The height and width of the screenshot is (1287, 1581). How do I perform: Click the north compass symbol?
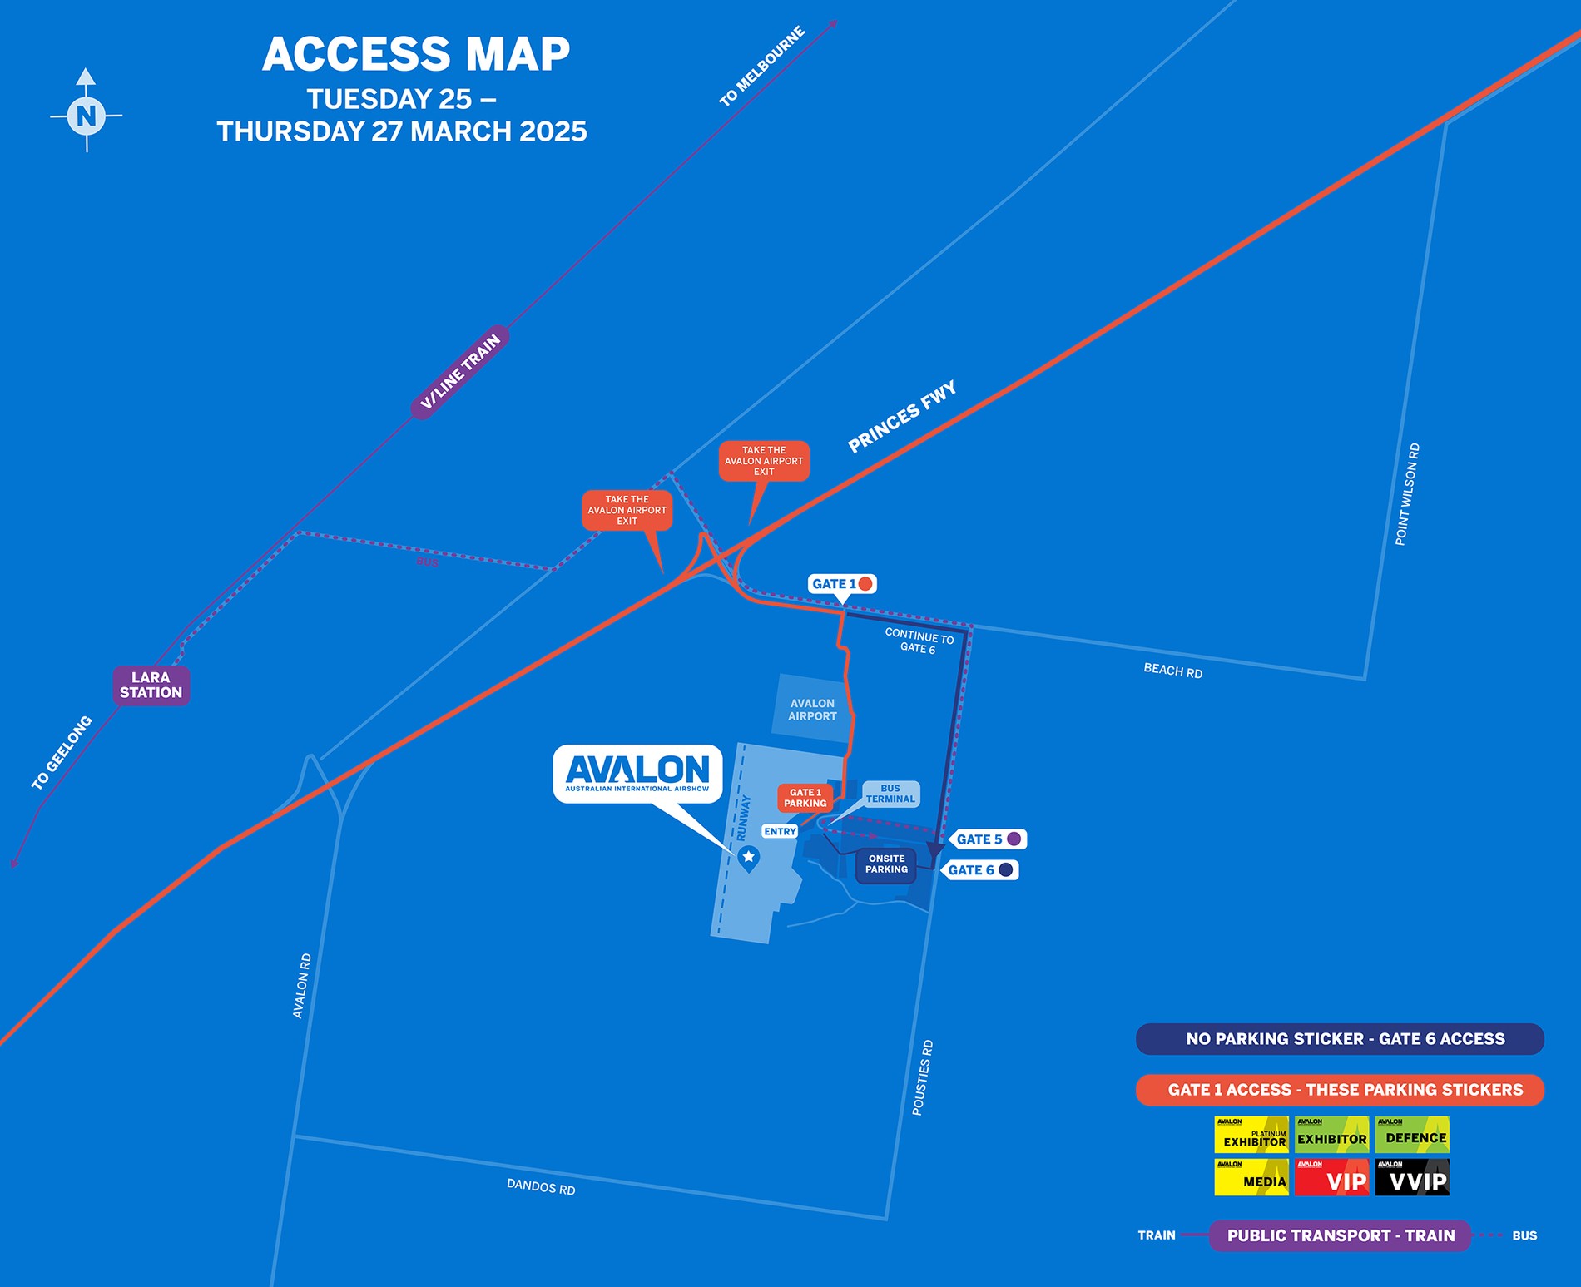(x=87, y=114)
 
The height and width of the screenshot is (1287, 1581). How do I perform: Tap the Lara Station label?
(x=151, y=686)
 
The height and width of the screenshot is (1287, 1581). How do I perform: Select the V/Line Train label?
(x=460, y=372)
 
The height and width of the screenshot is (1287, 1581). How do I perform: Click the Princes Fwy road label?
(x=902, y=417)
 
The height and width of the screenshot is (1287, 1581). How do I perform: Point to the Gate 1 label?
(x=841, y=584)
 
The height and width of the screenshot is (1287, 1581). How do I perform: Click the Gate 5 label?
(x=988, y=839)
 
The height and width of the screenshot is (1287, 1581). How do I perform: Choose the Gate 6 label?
(x=980, y=870)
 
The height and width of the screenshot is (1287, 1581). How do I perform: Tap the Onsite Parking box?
(x=886, y=864)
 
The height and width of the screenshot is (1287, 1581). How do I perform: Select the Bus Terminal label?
(x=890, y=794)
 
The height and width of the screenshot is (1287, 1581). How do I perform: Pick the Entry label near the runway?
(x=780, y=832)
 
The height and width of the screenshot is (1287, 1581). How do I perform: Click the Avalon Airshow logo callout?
(x=637, y=774)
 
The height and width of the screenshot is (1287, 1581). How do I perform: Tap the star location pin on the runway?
(x=749, y=857)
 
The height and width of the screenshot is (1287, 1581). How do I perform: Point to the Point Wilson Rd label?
(x=1407, y=494)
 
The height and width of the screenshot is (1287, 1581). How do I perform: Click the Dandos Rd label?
(x=541, y=1187)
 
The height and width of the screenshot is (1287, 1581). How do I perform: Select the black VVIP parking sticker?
(x=1412, y=1177)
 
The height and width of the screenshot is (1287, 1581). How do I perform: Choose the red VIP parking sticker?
(x=1331, y=1177)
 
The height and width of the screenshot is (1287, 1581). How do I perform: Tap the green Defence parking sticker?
(x=1412, y=1135)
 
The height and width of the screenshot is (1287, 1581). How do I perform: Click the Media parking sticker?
(x=1251, y=1177)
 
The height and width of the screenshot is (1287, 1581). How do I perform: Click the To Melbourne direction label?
(x=762, y=67)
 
